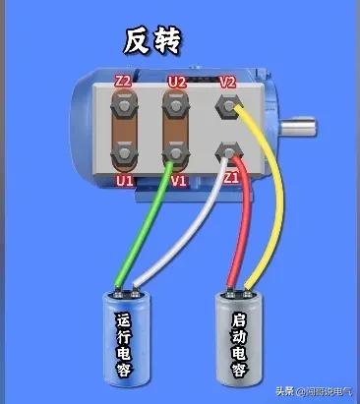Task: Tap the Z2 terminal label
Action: coord(124,82)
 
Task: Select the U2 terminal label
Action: coord(177,82)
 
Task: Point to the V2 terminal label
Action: coord(228,82)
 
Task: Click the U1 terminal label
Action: coord(124,181)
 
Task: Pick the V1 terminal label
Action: coord(178,181)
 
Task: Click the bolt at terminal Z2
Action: coord(124,103)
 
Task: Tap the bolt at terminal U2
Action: coord(177,103)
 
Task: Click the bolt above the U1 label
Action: coord(124,154)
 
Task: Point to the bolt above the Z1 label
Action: coord(230,150)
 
